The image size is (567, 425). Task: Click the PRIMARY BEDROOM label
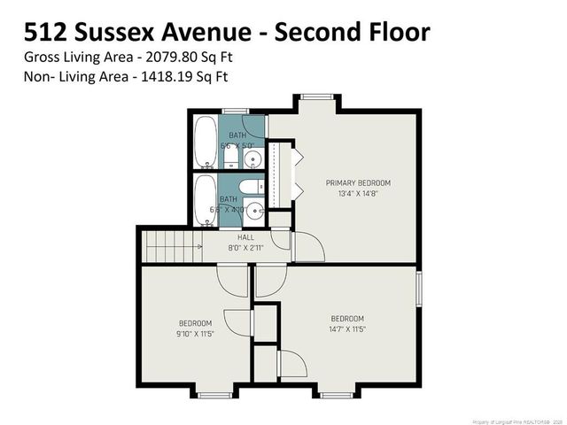[x=358, y=183]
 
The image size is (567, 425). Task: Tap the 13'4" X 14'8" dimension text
[x=358, y=194]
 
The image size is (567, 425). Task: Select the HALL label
[x=245, y=237]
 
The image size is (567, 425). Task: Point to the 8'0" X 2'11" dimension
[x=245, y=248]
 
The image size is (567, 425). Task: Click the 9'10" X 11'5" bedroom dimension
[x=195, y=334]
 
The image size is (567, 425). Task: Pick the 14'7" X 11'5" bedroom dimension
[x=347, y=329]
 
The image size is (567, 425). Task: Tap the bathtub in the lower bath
[x=204, y=202]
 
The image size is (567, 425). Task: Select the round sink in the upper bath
[x=253, y=160]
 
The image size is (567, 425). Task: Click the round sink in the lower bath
[x=254, y=211]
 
